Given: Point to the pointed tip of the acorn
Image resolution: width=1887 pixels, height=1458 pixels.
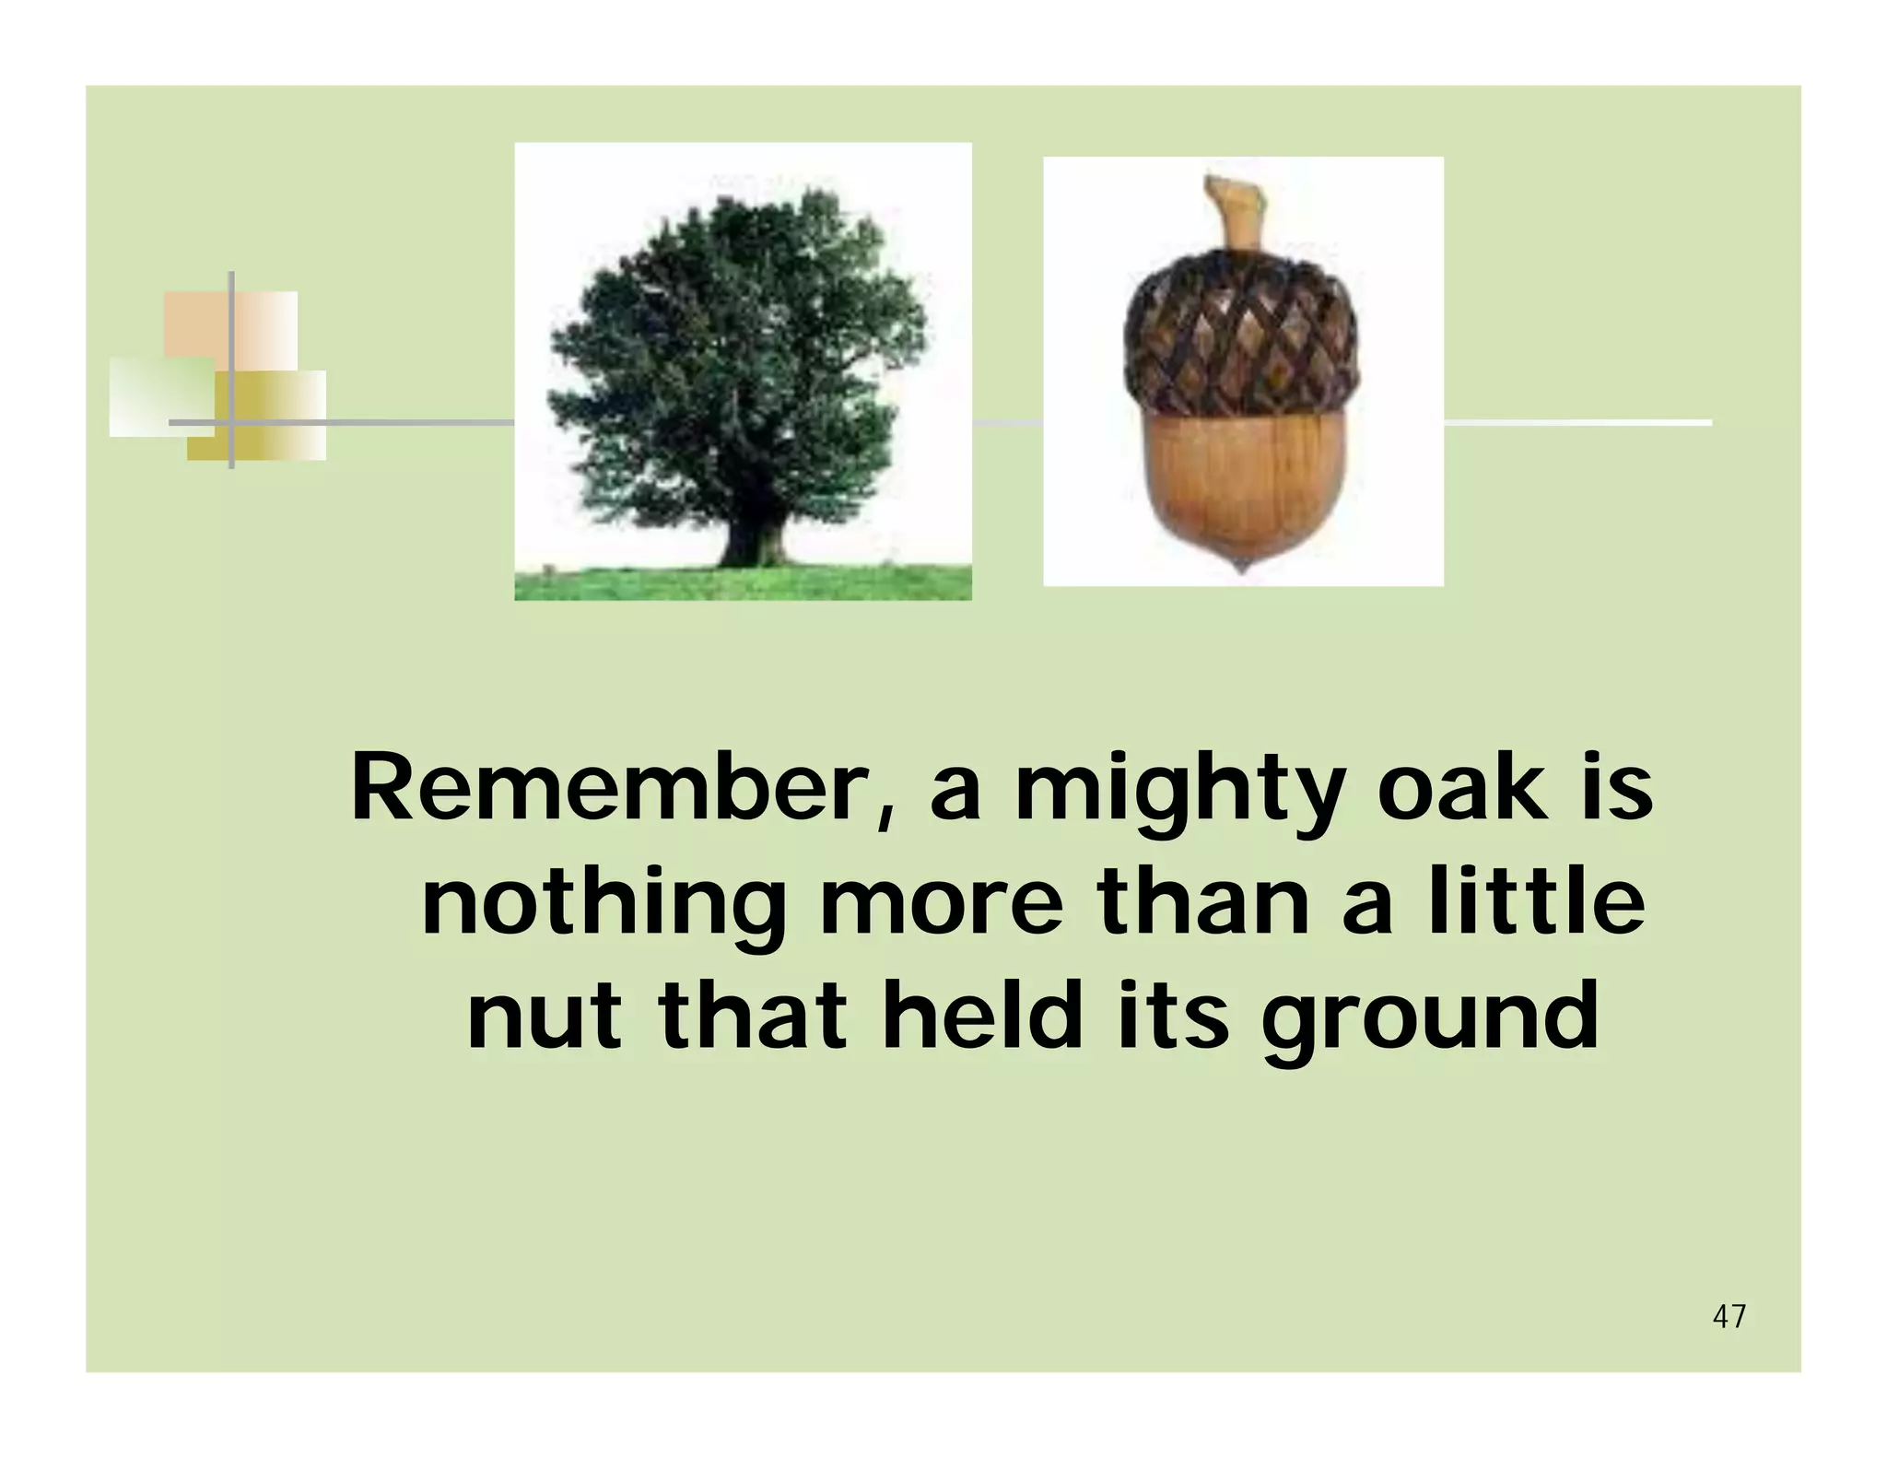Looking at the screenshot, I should tap(1242, 565).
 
